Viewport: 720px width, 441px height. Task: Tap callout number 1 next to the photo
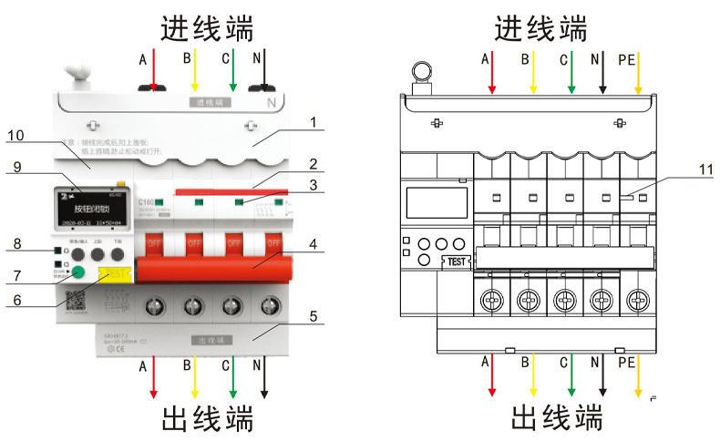(x=312, y=121)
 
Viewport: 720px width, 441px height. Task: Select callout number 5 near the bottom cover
(x=312, y=319)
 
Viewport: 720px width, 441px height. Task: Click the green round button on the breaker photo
(x=79, y=272)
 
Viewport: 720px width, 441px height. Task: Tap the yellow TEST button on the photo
(x=114, y=276)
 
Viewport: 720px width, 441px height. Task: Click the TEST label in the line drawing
(x=457, y=261)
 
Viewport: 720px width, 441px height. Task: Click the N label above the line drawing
(x=595, y=60)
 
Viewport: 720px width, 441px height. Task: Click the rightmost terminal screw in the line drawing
(x=639, y=298)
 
